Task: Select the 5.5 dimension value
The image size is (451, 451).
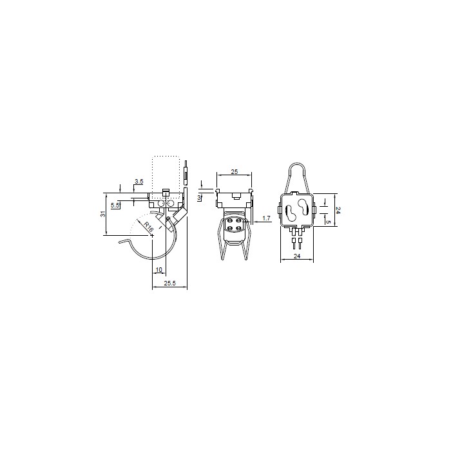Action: pyautogui.click(x=115, y=205)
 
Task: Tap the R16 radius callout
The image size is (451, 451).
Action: pyautogui.click(x=148, y=227)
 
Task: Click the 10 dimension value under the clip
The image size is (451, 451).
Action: pyautogui.click(x=158, y=270)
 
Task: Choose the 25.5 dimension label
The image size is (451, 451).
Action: pyautogui.click(x=169, y=283)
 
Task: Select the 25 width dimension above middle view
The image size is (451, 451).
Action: pyautogui.click(x=234, y=173)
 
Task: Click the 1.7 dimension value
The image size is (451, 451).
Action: pyautogui.click(x=267, y=219)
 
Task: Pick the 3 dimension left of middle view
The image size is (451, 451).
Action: pyautogui.click(x=200, y=197)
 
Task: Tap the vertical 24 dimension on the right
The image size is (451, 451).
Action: pyautogui.click(x=337, y=210)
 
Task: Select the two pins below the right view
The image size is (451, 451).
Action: pyautogui.click(x=297, y=244)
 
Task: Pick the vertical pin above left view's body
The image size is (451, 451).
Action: pyautogui.click(x=186, y=173)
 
